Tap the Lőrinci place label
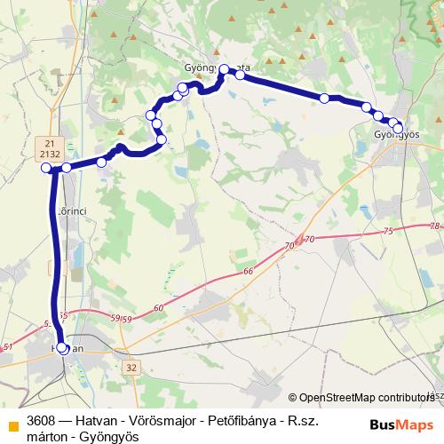point(70,210)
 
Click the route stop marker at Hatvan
point(62,348)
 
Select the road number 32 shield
point(131,366)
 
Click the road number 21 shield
point(50,142)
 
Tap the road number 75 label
point(387,232)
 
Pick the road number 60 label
point(159,307)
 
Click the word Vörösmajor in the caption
point(152,418)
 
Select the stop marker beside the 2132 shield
point(46,168)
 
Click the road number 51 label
point(8,347)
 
